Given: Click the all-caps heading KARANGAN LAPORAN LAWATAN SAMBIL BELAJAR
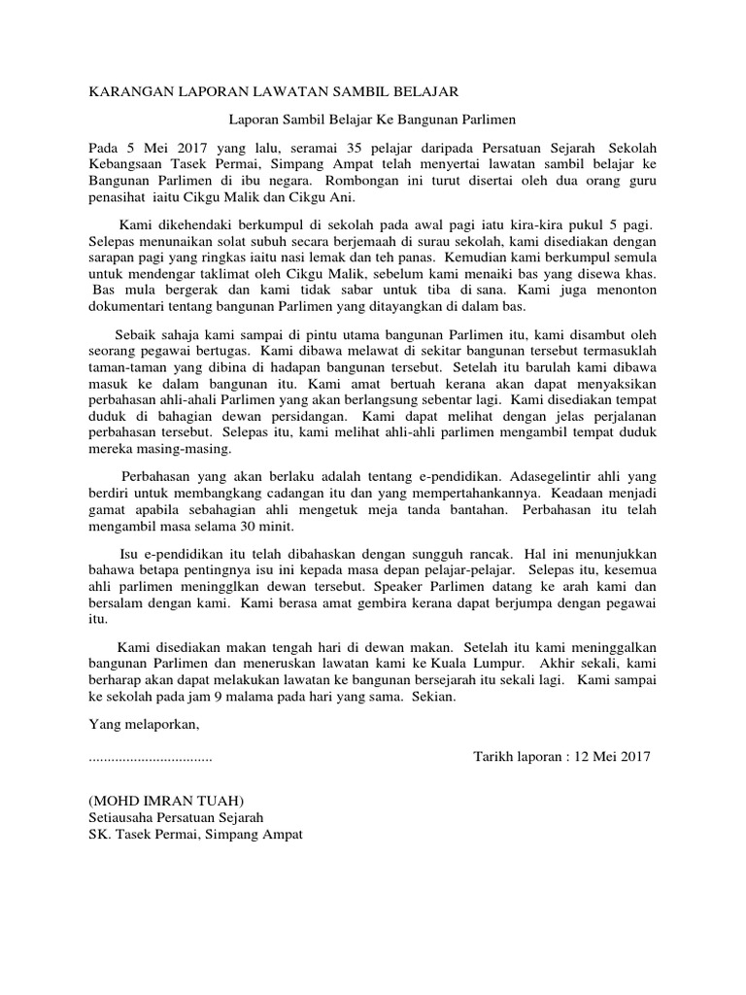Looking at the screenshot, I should tap(273, 91).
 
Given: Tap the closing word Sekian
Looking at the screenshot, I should tap(432, 697).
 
